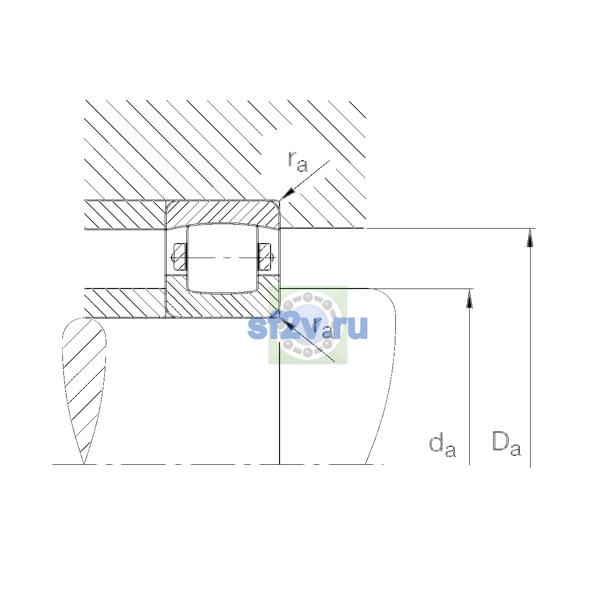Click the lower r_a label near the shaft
click(322, 329)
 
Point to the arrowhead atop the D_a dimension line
click(530, 238)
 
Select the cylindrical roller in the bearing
click(222, 258)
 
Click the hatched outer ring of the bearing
click(223, 213)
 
